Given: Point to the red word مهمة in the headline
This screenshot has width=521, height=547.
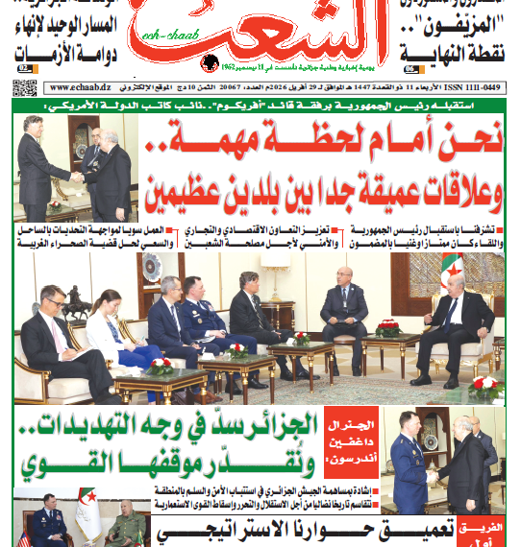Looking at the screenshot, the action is pos(205,147).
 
